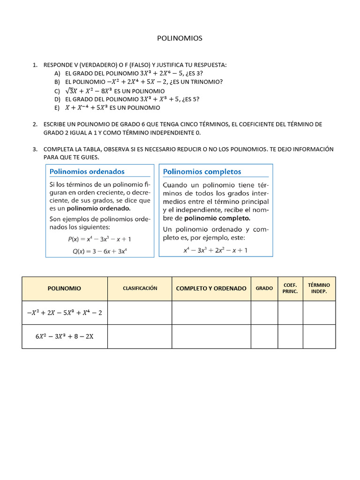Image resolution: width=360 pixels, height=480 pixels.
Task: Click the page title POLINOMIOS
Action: [180, 38]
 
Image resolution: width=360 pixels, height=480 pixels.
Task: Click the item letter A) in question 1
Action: [57, 74]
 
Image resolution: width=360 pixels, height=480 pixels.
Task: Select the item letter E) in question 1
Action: [57, 108]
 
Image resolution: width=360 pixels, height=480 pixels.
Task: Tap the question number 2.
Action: [35, 124]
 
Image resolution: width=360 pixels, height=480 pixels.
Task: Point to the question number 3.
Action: [35, 150]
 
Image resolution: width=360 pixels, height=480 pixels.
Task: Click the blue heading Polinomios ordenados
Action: [87, 172]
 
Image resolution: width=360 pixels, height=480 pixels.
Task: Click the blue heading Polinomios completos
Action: [202, 172]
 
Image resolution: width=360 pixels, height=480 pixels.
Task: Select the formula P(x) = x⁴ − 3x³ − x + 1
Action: [99, 239]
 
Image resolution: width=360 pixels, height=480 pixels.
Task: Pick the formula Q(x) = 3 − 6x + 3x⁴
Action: [99, 251]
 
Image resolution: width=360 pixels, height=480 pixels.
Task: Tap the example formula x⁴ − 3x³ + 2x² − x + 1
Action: [216, 250]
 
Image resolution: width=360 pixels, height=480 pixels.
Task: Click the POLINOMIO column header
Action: [65, 289]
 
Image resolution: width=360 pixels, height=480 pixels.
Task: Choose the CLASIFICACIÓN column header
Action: [140, 288]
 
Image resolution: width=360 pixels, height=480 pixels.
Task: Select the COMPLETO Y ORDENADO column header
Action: [211, 289]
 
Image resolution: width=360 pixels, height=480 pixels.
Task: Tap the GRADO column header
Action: [264, 289]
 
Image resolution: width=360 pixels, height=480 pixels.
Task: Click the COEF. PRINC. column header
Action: [290, 288]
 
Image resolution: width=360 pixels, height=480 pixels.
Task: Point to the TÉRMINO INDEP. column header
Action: [319, 288]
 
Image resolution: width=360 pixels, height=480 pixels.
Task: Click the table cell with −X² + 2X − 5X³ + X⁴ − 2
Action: [65, 313]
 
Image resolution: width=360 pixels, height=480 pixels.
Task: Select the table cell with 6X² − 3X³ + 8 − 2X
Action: [65, 337]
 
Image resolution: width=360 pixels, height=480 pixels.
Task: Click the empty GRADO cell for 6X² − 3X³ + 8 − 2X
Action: [264, 337]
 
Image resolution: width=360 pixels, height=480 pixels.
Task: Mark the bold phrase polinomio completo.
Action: [217, 218]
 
